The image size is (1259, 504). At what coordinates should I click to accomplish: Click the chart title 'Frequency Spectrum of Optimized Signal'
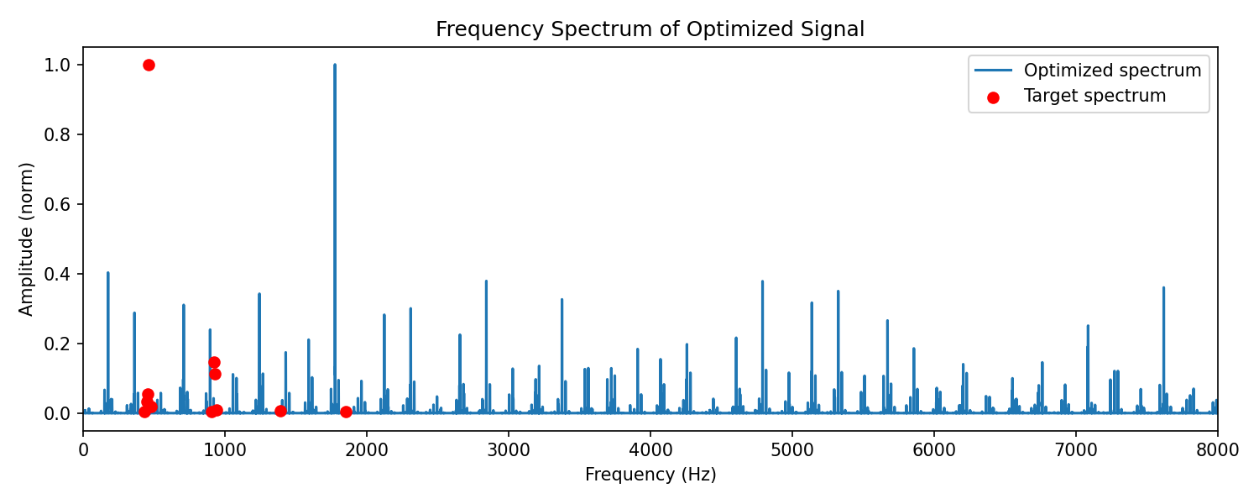pyautogui.click(x=650, y=29)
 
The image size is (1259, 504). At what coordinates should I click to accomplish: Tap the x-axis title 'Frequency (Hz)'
pyautogui.click(x=650, y=475)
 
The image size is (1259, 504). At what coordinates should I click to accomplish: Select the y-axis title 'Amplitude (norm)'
pyautogui.click(x=26, y=239)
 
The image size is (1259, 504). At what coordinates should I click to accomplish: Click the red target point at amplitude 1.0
pyautogui.click(x=149, y=66)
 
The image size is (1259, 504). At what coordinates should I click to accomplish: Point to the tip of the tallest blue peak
pyautogui.click(x=335, y=64)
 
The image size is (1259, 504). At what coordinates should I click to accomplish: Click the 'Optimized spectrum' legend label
pyautogui.click(x=1112, y=71)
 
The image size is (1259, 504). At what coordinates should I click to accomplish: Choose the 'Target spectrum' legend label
pyautogui.click(x=1094, y=96)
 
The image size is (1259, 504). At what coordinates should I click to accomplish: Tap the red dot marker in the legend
pyautogui.click(x=993, y=98)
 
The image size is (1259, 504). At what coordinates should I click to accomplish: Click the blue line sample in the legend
pyautogui.click(x=993, y=71)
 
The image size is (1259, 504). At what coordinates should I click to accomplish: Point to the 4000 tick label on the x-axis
pyautogui.click(x=650, y=450)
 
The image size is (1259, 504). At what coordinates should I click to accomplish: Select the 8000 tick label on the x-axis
pyautogui.click(x=1217, y=450)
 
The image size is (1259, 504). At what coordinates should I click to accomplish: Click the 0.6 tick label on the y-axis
pyautogui.click(x=57, y=204)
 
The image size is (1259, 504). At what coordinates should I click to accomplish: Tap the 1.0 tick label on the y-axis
pyautogui.click(x=57, y=66)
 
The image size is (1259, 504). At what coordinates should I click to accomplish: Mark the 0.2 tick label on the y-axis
pyautogui.click(x=57, y=344)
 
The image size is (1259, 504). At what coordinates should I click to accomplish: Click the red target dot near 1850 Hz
pyautogui.click(x=346, y=412)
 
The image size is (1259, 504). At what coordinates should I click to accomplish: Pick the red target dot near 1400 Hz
pyautogui.click(x=280, y=412)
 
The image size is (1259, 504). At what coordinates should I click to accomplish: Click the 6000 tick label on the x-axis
pyautogui.click(x=934, y=450)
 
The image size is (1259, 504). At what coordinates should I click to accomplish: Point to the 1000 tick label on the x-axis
pyautogui.click(x=225, y=450)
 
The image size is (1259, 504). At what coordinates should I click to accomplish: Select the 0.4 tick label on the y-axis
pyautogui.click(x=57, y=274)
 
